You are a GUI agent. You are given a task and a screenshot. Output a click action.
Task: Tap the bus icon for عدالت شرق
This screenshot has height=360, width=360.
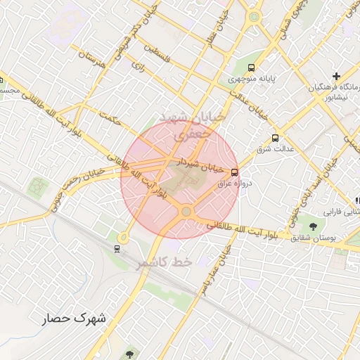pyautogui.click(x=274, y=138)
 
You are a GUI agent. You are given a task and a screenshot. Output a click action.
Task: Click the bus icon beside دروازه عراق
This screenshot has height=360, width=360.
pyautogui.click(x=234, y=171)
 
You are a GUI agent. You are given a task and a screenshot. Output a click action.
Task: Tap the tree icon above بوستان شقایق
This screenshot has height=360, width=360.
pyautogui.click(x=312, y=226)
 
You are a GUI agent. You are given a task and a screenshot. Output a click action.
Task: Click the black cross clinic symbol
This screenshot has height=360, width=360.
pyautogui.click(x=336, y=75)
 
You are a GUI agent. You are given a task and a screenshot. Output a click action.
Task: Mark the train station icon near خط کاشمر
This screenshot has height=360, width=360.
pyautogui.click(x=117, y=247)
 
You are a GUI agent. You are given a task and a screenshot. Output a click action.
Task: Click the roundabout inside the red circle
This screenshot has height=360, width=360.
pyautogui.click(x=186, y=210)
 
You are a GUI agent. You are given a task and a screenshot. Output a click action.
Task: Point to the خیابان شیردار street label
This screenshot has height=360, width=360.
pyautogui.click(x=199, y=165)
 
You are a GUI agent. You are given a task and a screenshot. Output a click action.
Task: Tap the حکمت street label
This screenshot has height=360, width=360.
pyautogui.click(x=111, y=120)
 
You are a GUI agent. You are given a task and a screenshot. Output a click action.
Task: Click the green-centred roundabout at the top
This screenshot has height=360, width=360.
pyautogui.click(x=254, y=17)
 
